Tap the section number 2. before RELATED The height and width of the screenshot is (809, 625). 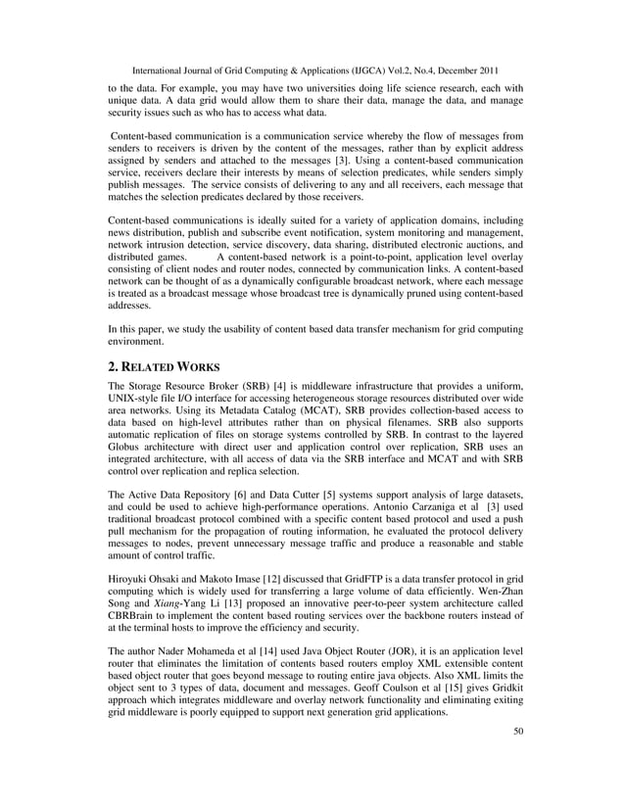tap(115, 367)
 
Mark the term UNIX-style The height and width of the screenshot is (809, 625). tap(140, 404)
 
